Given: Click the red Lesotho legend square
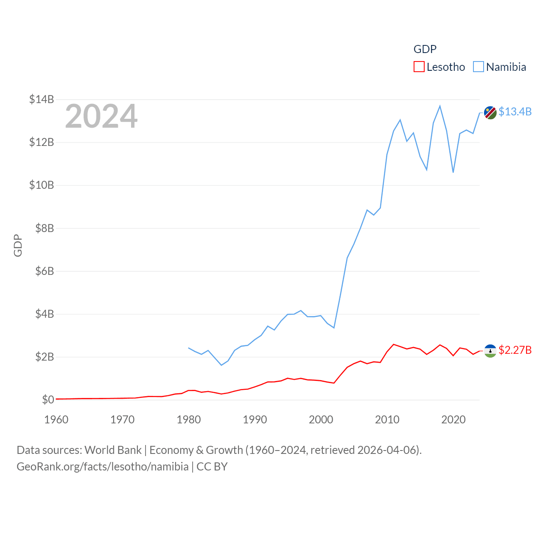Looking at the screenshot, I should [x=419, y=67].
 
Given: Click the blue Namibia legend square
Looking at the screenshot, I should [x=478, y=67].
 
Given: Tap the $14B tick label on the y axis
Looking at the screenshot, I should [x=42, y=99].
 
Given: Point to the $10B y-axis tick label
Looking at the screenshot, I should [x=42, y=185].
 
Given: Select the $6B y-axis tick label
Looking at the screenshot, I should [x=45, y=271].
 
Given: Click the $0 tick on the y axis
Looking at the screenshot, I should [x=48, y=400].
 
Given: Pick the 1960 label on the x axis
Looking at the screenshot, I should [x=56, y=420].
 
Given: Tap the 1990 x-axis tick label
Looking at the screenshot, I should [x=255, y=420].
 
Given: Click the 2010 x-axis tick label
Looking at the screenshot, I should [x=387, y=420].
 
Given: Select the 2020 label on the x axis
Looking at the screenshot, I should [x=453, y=420].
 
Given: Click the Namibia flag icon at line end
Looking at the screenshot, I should [x=490, y=113].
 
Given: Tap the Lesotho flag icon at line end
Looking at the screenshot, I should [x=490, y=351].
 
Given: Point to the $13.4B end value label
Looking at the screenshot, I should [x=515, y=112].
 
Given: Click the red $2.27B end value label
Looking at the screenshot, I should [x=515, y=350].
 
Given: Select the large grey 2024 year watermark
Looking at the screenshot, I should [x=101, y=116].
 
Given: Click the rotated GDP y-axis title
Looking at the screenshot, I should [x=18, y=245].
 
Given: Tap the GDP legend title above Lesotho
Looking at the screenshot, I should [x=425, y=49].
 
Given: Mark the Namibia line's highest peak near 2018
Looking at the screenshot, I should [x=440, y=106].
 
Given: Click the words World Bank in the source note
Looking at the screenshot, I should [x=113, y=450].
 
